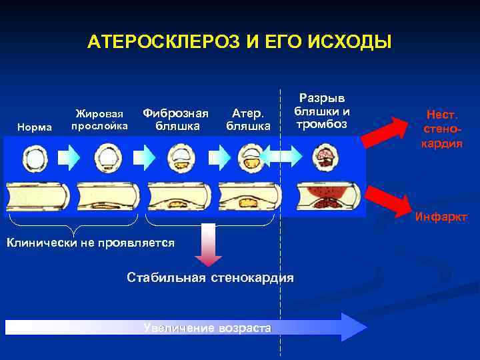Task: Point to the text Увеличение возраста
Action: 207,328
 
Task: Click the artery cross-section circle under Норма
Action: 34,159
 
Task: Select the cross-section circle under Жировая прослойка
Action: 107,159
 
